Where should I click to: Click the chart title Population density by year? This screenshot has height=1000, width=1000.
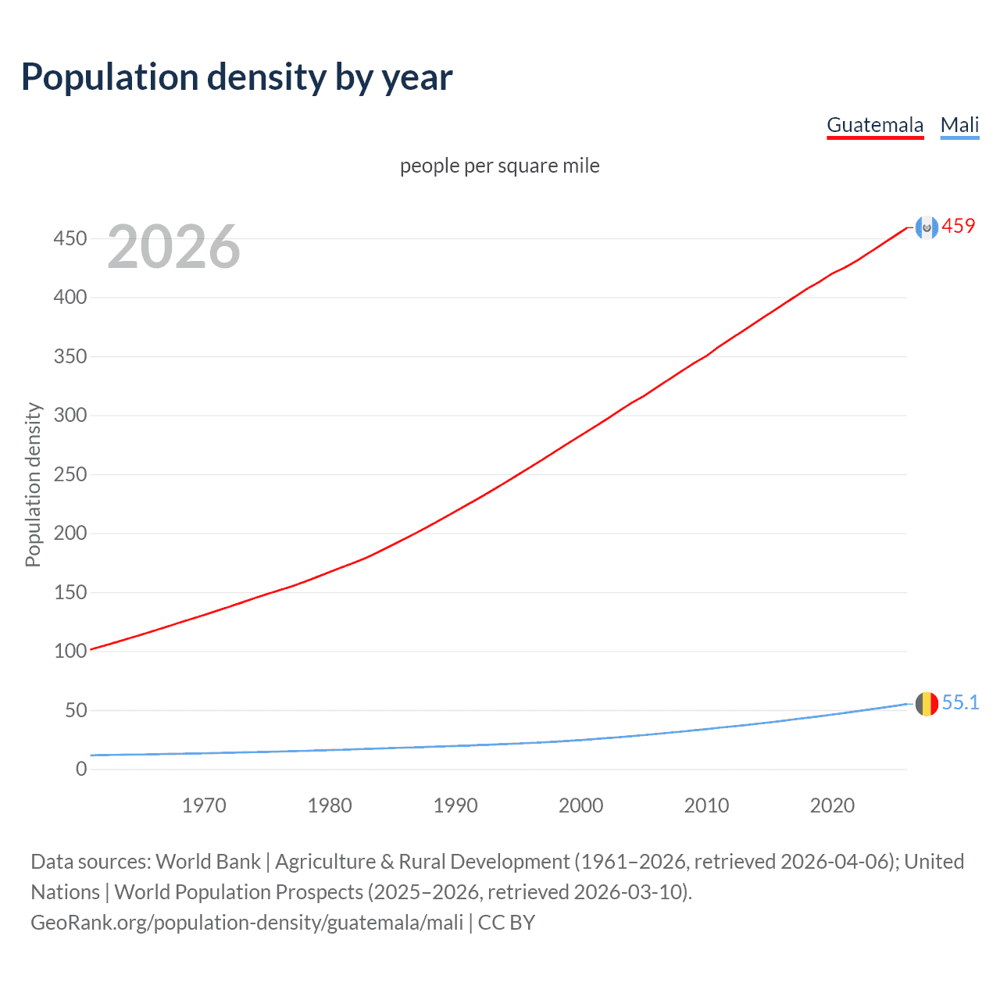coord(237,77)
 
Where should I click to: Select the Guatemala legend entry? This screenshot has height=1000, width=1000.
coord(875,125)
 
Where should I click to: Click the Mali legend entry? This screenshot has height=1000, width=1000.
coord(959,125)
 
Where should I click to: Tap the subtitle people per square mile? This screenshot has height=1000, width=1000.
coord(500,166)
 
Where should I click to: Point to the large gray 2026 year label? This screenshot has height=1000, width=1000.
coord(173,247)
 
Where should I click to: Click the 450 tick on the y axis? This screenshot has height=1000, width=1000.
coord(70,238)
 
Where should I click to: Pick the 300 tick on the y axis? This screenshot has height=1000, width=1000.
coord(70,415)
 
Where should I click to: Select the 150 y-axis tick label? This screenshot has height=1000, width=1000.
coord(70,592)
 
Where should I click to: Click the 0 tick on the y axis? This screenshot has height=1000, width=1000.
coord(81,769)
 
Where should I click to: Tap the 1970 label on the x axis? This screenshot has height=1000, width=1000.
coord(204,805)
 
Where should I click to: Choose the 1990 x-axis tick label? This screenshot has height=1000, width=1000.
coord(455,805)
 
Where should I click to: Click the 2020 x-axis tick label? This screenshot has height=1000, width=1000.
coord(832,805)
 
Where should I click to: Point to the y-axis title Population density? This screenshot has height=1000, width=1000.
coord(33,484)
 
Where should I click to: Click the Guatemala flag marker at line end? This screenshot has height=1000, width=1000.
coord(927,227)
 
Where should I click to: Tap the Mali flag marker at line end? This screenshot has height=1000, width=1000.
coord(927,703)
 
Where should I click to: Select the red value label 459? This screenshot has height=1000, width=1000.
coord(959,226)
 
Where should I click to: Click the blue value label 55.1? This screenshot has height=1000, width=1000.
coord(960,702)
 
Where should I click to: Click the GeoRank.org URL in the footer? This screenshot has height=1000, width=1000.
coord(247,923)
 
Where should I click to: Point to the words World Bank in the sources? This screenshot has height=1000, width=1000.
coord(208,862)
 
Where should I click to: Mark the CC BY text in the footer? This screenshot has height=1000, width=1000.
coord(506,923)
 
